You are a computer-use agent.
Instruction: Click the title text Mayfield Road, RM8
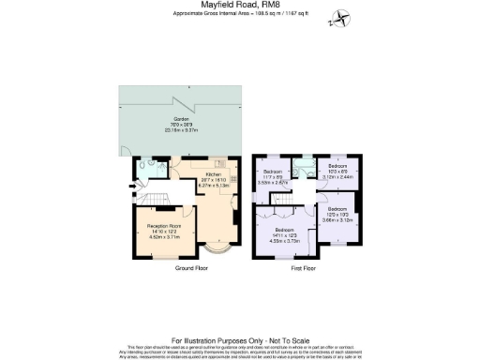[x=240, y=5]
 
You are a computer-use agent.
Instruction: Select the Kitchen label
[x=213, y=174]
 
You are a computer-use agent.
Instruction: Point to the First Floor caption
[x=303, y=268]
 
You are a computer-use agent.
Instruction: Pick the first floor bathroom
[x=302, y=169]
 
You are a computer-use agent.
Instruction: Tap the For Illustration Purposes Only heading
[x=240, y=339]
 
